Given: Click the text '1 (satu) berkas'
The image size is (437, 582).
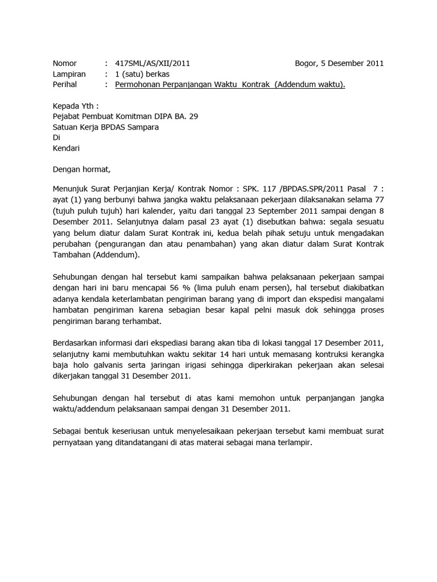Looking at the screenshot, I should click(142, 74).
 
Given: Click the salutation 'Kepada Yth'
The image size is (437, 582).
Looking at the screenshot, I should click(75, 106).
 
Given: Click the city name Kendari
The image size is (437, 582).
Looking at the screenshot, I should click(66, 148).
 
